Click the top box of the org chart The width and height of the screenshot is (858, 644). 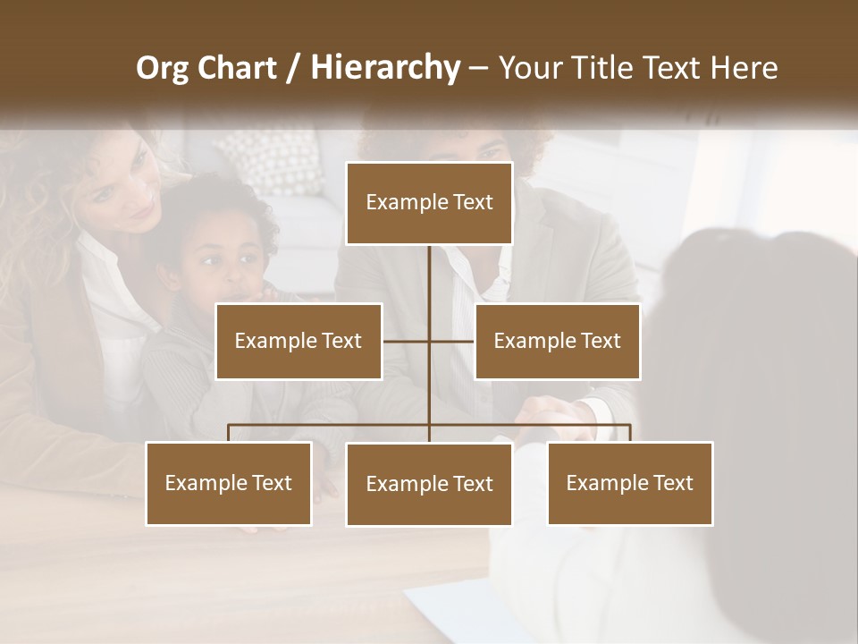click(429, 203)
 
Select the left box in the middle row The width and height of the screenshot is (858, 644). click(299, 341)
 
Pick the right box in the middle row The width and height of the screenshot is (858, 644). click(557, 341)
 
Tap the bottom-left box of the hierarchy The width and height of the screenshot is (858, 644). click(229, 483)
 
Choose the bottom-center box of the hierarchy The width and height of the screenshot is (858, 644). click(429, 484)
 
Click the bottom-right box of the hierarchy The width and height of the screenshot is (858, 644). click(630, 483)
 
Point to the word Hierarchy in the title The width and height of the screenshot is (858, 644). click(384, 68)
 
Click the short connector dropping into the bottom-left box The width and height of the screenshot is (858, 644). click(229, 433)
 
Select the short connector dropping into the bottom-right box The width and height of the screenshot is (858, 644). click(630, 433)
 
